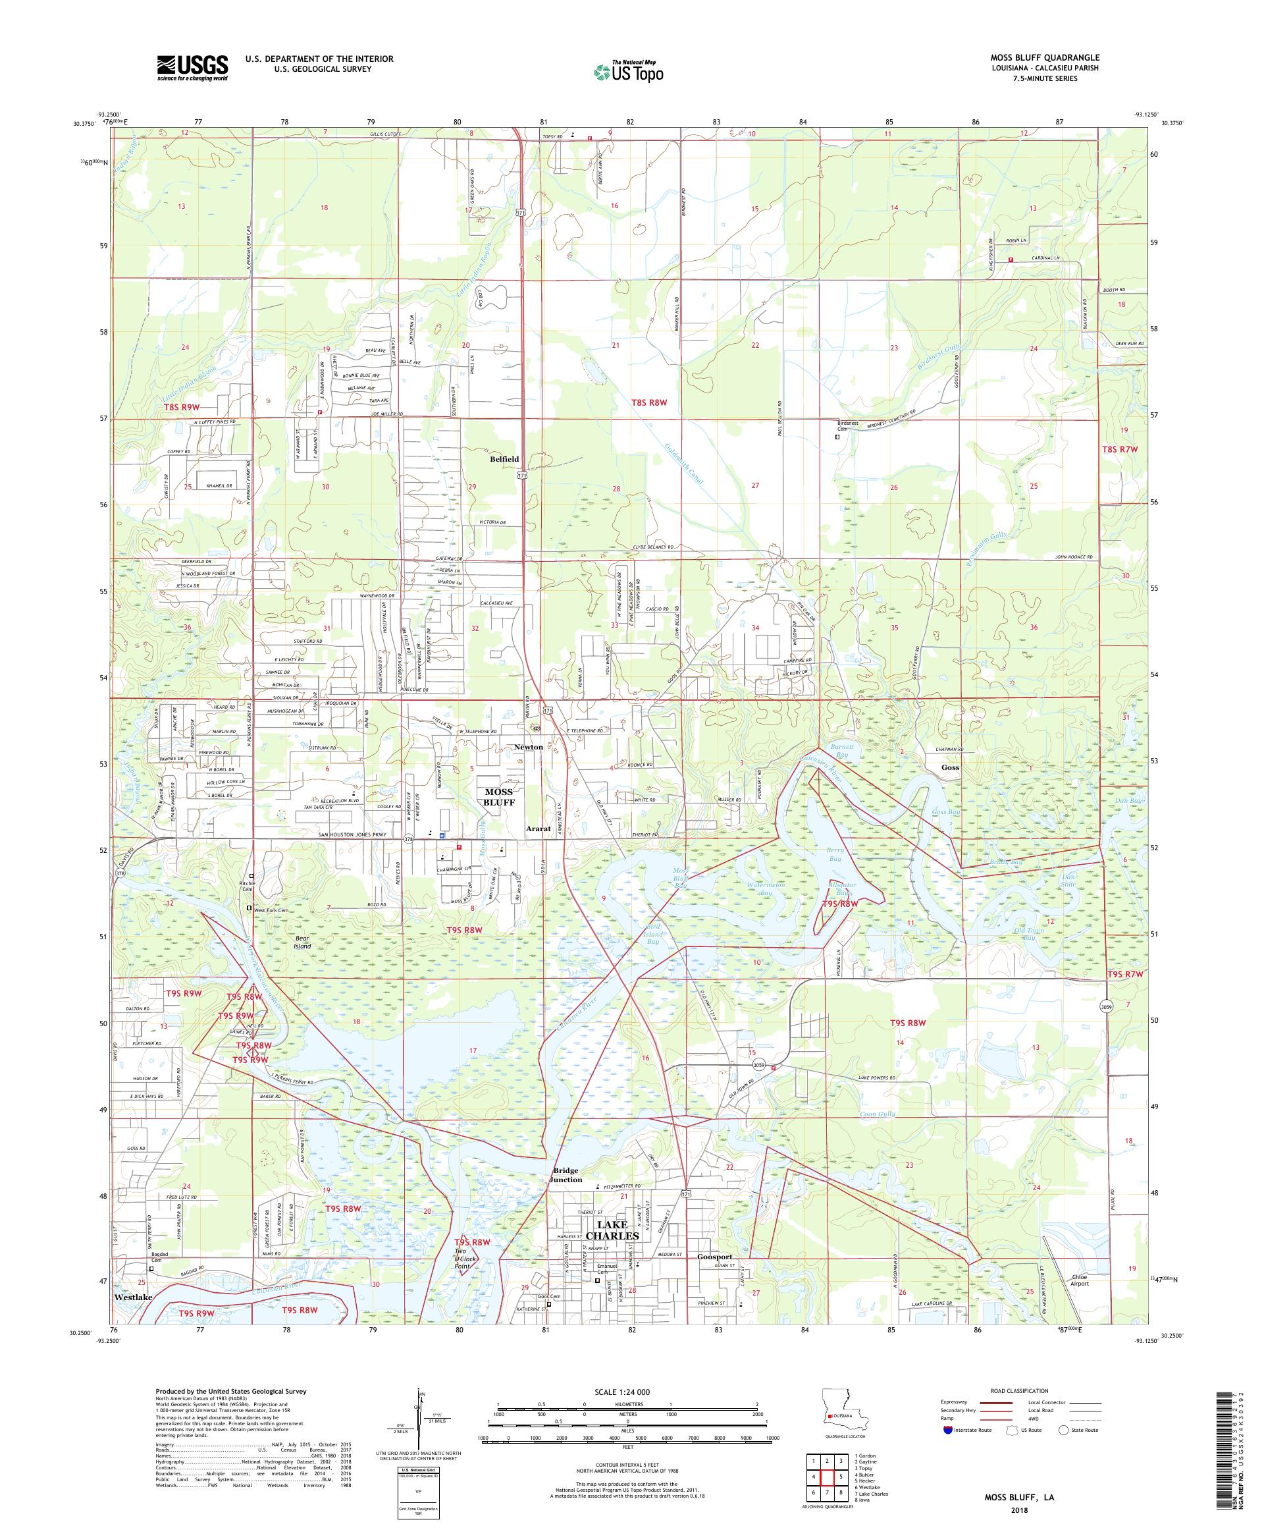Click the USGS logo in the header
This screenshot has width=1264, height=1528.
192,68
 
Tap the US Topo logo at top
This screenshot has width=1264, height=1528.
629,71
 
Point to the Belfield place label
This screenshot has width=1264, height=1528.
504,459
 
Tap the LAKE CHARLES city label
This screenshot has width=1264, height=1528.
613,1230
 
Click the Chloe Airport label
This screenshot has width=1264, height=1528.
1079,1279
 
